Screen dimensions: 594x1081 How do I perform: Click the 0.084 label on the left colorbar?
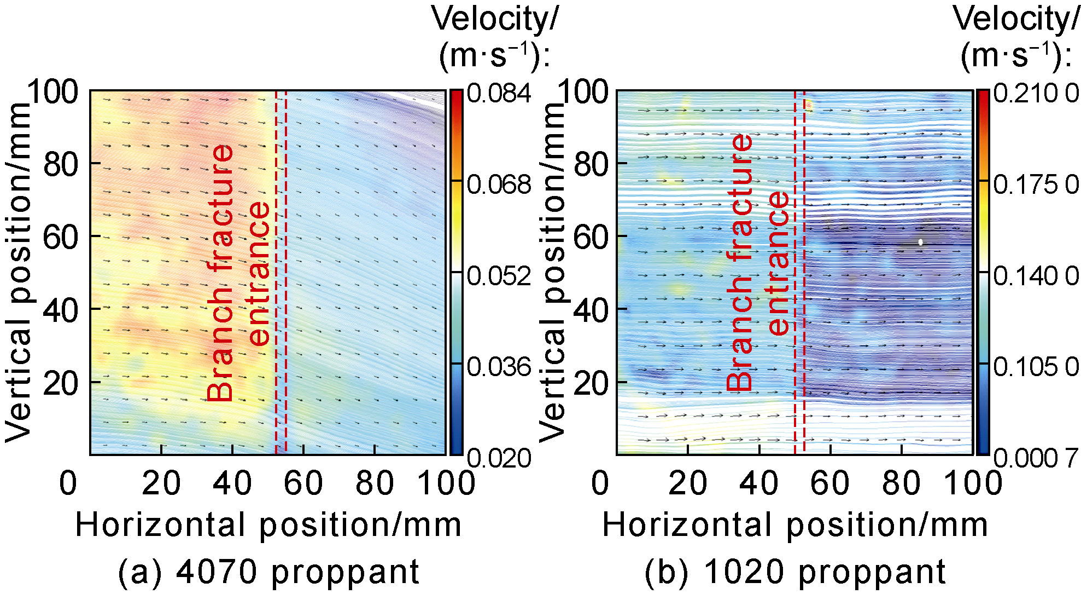499,93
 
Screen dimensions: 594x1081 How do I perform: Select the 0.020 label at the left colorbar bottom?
499,458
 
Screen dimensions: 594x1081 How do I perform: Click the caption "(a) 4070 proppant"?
269,572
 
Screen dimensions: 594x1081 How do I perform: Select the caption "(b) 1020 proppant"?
796,572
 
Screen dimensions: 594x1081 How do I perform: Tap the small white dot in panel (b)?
921,241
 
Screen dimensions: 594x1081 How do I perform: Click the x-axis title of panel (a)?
268,524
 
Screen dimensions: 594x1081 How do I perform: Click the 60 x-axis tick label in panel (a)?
303,483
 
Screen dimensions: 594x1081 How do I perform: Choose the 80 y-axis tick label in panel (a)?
61,164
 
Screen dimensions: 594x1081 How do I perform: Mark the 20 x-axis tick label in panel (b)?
688,483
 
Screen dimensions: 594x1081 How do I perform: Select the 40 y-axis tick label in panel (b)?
591,310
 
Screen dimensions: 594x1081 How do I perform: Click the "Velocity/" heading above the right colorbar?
1016,19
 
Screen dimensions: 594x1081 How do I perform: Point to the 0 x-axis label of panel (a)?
68,483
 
